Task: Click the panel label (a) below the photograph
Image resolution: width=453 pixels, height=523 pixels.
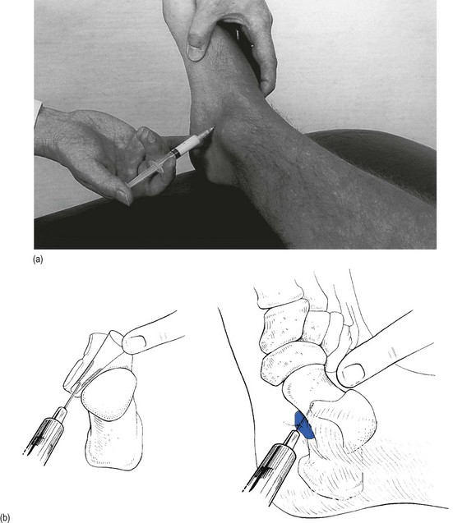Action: pos(38,259)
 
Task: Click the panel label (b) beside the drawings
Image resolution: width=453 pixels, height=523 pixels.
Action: pos(5,517)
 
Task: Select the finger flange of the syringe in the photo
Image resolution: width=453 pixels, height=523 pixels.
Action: pos(158,166)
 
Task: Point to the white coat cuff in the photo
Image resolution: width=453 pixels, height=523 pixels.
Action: pos(38,110)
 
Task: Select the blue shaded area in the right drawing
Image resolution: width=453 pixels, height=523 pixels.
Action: pos(303,425)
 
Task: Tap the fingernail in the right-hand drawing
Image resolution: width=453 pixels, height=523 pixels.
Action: pos(354,372)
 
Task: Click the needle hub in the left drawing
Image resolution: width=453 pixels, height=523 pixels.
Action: pos(61,415)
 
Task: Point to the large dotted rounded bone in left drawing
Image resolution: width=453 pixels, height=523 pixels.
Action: pos(109,393)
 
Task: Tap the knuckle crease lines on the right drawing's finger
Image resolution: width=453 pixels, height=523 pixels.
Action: pos(394,352)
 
